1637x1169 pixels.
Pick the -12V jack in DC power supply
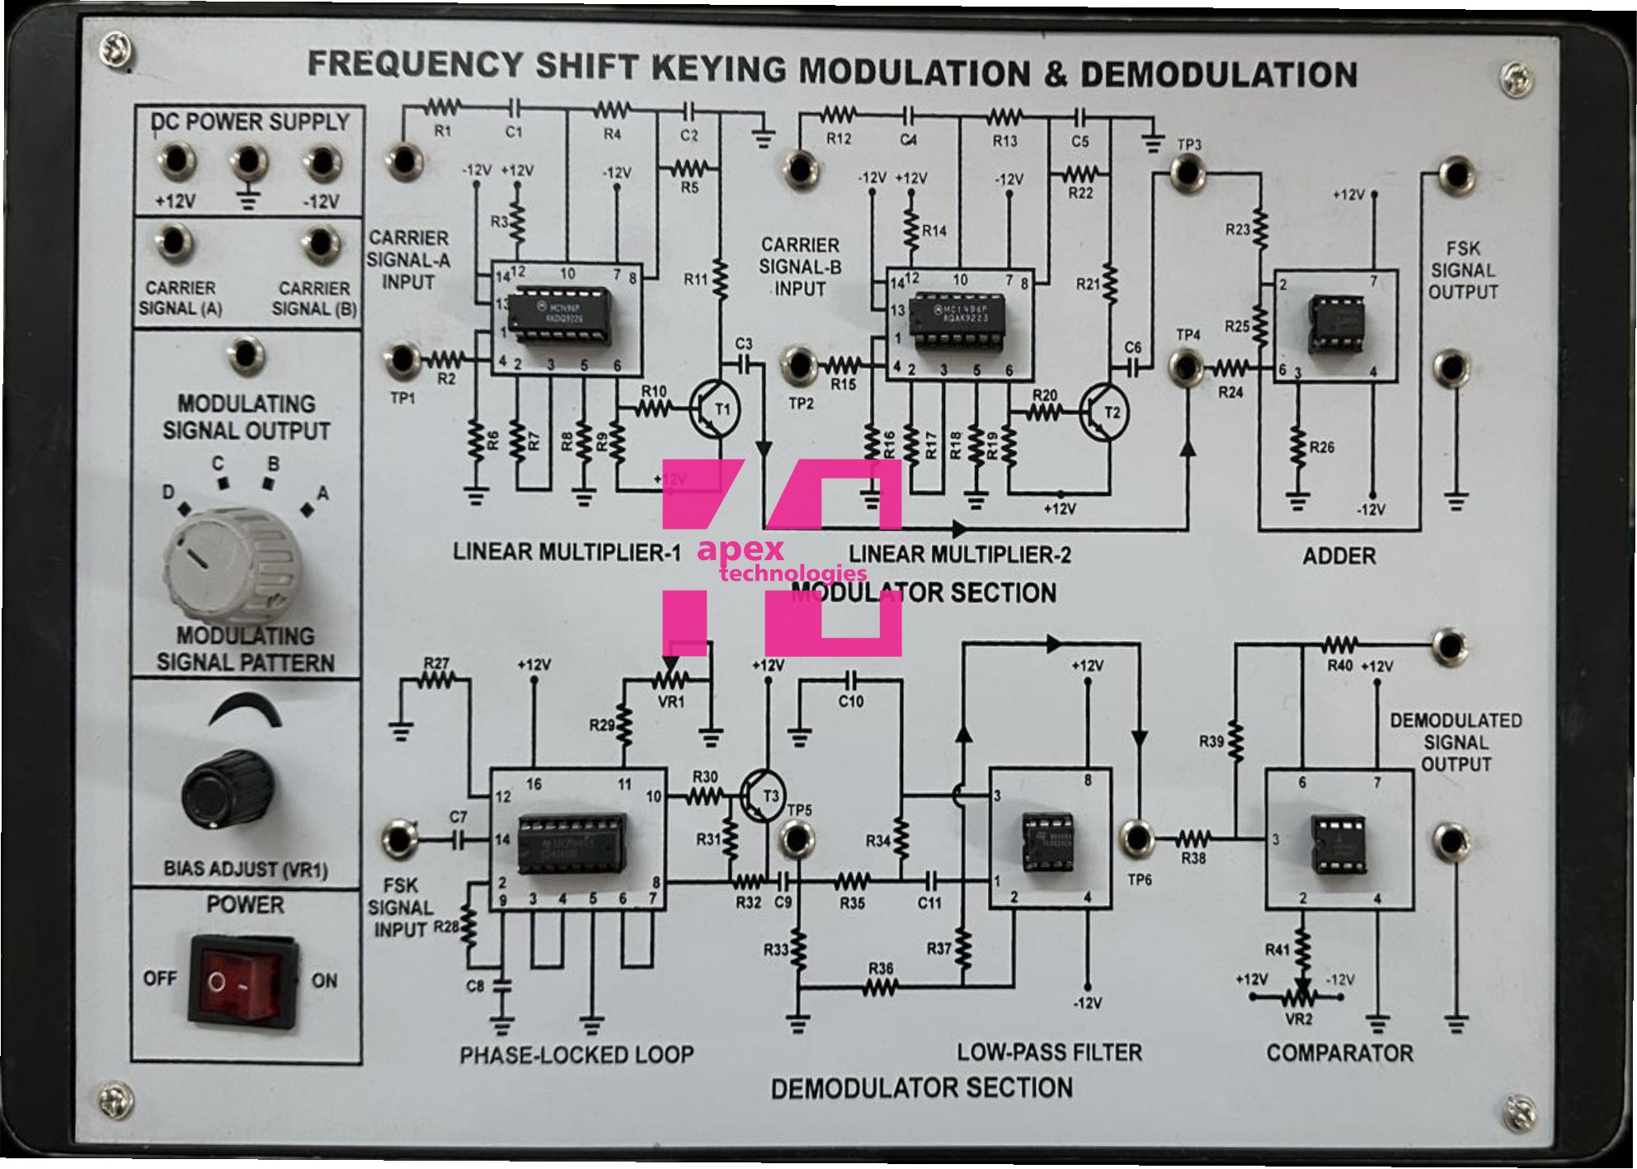click(x=321, y=162)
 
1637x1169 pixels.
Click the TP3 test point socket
click(x=1187, y=172)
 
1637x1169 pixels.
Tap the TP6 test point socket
click(x=1137, y=838)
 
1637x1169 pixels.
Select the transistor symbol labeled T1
click(x=714, y=409)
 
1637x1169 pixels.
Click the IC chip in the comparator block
click(x=1338, y=843)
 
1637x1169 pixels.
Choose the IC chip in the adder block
click(x=1336, y=324)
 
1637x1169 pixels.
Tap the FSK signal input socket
click(x=400, y=838)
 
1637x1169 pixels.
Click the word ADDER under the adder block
click(x=1338, y=556)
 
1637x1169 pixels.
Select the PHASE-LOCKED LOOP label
click(x=576, y=1054)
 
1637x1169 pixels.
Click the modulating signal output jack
click(x=245, y=355)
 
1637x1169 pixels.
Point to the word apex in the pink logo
click(x=740, y=549)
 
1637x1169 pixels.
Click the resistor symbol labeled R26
click(x=1298, y=448)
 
